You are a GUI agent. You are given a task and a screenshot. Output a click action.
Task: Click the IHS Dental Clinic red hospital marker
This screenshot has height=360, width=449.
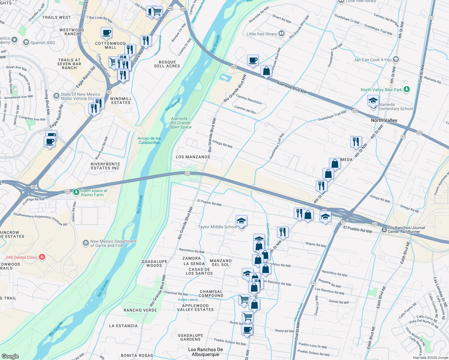42,257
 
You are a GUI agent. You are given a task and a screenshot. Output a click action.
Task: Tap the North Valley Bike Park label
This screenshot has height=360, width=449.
381,90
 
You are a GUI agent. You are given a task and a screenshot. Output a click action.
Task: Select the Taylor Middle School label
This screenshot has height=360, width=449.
217,227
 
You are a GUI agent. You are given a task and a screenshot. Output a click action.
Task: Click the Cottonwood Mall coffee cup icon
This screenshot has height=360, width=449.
106,32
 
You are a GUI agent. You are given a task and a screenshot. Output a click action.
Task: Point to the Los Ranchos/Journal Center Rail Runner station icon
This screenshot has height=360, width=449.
384,229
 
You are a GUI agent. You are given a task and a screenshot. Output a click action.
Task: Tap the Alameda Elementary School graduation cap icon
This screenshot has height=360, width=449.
373,100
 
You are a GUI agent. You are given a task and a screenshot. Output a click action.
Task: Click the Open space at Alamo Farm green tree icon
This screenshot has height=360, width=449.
76,191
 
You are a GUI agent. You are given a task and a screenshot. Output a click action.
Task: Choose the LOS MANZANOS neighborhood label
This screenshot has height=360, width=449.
193,157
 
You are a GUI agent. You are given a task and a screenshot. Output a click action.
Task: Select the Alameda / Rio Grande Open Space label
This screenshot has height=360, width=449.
180,123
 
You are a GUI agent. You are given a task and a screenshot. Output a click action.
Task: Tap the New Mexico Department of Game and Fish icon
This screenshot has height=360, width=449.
86,242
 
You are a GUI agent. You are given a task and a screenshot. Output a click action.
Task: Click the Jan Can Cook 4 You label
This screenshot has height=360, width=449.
372,60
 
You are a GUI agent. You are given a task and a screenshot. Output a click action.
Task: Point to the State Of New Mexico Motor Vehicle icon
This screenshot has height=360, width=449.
56,96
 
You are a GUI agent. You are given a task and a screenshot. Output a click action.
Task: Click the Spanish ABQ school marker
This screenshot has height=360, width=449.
26,42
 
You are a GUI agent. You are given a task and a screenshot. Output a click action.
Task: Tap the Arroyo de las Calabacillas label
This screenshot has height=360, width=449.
149,140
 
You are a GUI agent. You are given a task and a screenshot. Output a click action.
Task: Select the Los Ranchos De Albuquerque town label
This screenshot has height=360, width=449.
206,352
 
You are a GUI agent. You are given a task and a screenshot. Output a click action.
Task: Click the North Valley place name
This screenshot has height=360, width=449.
384,120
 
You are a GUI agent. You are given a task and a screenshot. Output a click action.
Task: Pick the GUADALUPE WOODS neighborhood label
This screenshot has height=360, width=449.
154,263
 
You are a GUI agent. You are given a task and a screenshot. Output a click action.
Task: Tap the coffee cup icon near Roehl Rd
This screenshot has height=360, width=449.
247,329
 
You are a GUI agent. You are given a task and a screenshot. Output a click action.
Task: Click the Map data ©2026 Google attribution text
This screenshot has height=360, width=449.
430,358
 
